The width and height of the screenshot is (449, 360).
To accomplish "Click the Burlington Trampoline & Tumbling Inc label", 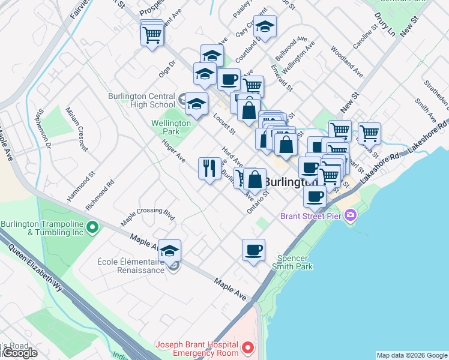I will pyautogui.click(x=42, y=228).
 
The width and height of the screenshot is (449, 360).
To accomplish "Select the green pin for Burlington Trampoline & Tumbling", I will pyautogui.click(x=92, y=227).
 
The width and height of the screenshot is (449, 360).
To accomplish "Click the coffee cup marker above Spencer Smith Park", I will pyautogui.click(x=253, y=250).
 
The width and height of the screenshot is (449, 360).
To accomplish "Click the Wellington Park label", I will pyautogui.click(x=171, y=127).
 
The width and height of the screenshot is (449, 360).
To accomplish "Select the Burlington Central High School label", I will pyautogui.click(x=142, y=100).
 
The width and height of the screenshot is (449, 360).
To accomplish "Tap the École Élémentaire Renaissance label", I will pyautogui.click(x=130, y=266).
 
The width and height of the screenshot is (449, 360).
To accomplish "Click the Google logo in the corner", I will pyautogui.click(x=20, y=353).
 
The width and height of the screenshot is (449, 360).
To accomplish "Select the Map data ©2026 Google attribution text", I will pyautogui.click(x=411, y=355).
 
